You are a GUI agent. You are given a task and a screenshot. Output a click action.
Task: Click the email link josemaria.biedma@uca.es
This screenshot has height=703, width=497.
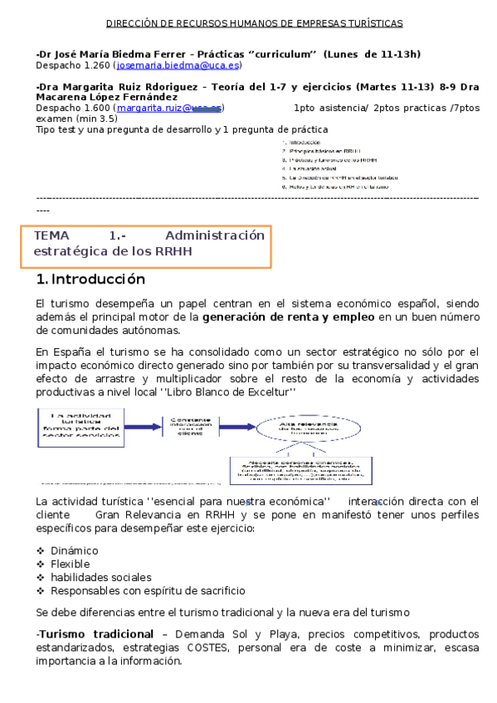coord(178,65)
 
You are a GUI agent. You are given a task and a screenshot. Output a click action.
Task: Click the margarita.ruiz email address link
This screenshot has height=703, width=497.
coord(169,108)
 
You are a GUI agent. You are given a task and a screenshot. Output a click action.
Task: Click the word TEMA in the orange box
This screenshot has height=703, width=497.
coord(52,235)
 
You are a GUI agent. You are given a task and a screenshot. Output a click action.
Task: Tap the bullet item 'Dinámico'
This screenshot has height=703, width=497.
coord(74,550)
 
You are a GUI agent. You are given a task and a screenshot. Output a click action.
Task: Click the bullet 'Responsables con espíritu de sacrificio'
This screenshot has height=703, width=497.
coord(148,590)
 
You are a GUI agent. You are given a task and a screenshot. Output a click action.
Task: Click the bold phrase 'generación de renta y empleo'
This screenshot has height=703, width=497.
coord(290,317)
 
